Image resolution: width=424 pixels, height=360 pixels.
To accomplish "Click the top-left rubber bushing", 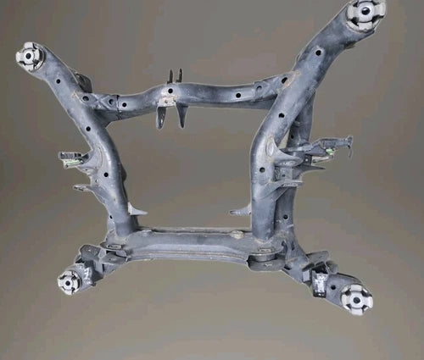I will pyautogui.click(x=30, y=56).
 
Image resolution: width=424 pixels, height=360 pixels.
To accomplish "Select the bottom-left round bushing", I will pyautogui.click(x=70, y=281).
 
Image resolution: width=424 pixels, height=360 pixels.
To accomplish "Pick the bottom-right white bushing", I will pyautogui.click(x=356, y=298).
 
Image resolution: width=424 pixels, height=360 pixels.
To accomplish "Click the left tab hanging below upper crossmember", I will pyautogui.click(x=161, y=116).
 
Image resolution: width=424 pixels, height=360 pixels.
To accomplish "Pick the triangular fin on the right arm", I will pyautogui.click(x=242, y=208).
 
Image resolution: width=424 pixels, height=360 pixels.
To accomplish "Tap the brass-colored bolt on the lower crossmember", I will pyautogui.click(x=236, y=235).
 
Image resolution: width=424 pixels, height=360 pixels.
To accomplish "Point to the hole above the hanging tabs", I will pyautogui.click(x=170, y=88).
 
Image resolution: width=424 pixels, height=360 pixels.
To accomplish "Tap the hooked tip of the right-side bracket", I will pyautogui.click(x=348, y=140).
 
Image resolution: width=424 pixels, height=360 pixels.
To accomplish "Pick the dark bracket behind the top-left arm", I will pyautogui.click(x=82, y=81).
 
